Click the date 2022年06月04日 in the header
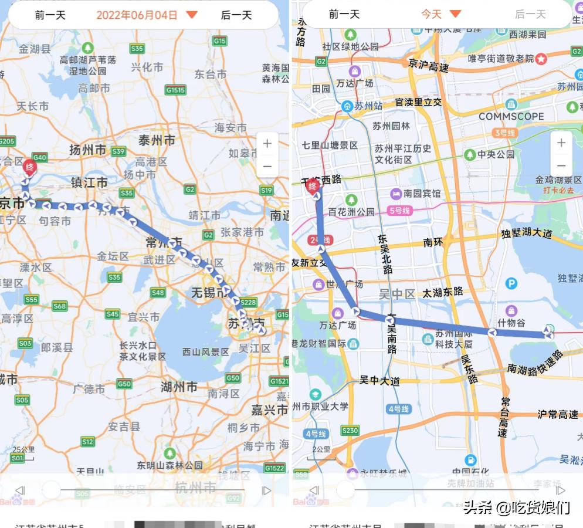coord(137,15)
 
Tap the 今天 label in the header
coord(431,14)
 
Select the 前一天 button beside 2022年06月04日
coord(50,15)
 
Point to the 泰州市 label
coord(157,140)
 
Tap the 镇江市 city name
coord(89,182)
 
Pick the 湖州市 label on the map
coord(179,387)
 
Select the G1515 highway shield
coord(175,90)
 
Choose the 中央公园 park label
coord(496,154)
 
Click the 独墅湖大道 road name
coord(527,233)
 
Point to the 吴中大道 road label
coord(379,381)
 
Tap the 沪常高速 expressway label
coord(558,414)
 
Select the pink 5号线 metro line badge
coord(399,210)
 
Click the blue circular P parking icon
coord(511,284)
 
